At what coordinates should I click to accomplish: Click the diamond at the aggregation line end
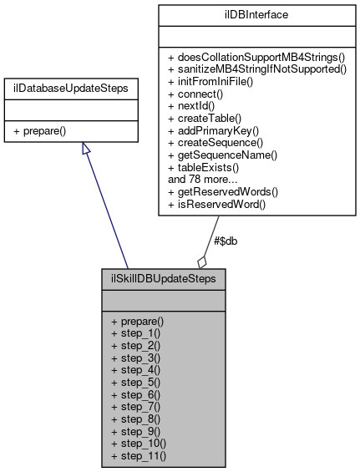pyautogui.click(x=201, y=261)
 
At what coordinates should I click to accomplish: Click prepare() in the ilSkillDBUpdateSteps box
pyautogui.click(x=137, y=321)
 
